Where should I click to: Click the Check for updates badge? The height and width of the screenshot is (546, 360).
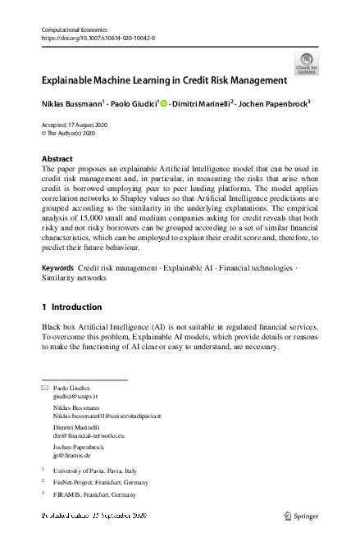307,63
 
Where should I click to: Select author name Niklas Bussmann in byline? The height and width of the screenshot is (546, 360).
73,103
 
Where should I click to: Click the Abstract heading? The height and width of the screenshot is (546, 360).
57,158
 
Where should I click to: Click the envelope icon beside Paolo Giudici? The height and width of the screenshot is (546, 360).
45,388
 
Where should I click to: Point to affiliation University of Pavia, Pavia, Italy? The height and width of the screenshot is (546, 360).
95,471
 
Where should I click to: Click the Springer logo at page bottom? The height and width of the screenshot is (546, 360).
300,516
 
